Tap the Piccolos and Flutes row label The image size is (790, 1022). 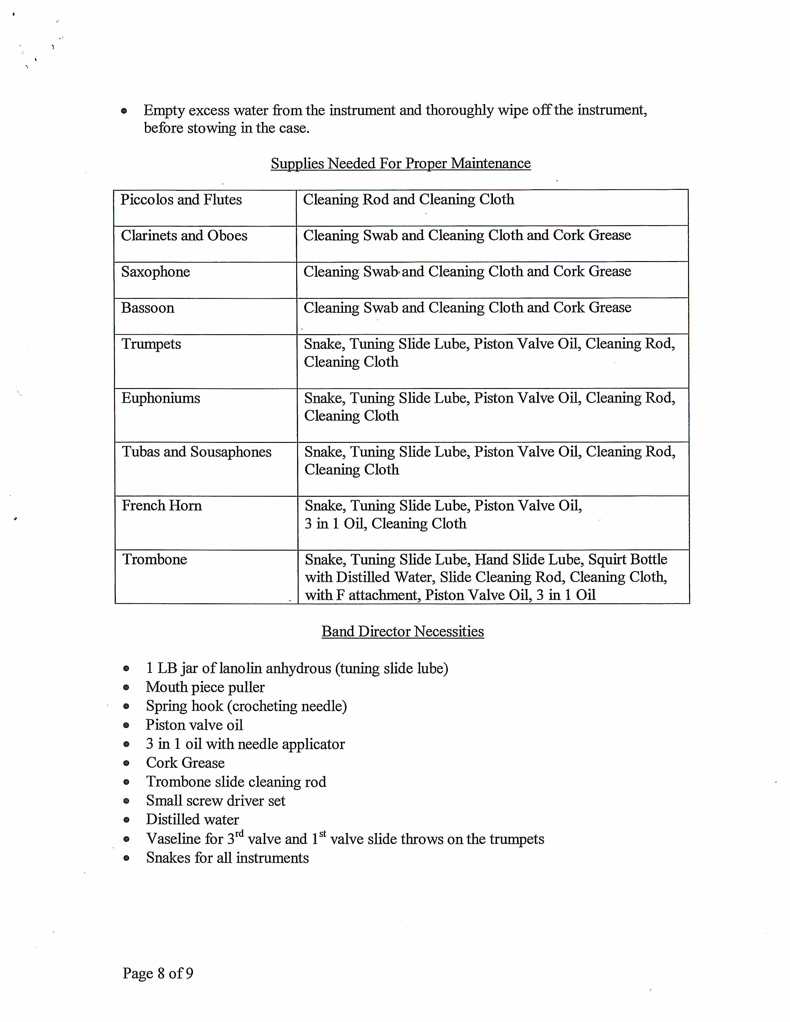[181, 200]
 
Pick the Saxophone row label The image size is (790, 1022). [156, 272]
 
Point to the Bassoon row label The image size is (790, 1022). [147, 308]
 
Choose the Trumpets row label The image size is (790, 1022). [151, 344]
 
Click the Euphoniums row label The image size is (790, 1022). [160, 398]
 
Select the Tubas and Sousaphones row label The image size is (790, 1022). [196, 452]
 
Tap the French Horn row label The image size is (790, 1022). [161, 506]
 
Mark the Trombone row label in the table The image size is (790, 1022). [155, 560]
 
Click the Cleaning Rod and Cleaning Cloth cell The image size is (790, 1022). [409, 200]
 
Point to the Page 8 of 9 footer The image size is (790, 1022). [158, 973]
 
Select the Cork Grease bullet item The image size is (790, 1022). [185, 763]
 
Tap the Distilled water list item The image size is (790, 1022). [192, 819]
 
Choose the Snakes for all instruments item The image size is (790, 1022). [227, 858]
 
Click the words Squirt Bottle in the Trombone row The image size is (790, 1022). [628, 560]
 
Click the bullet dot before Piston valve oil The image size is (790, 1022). [126, 726]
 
